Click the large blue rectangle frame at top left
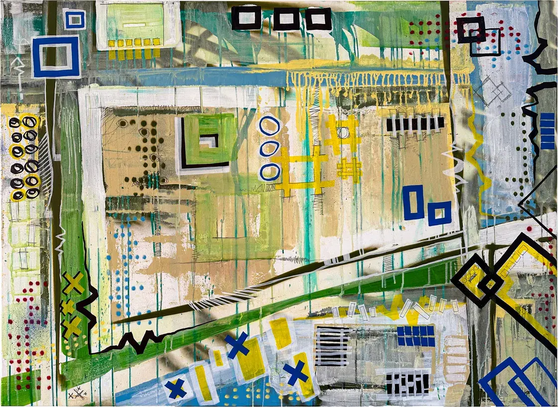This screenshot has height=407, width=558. coord(56,57)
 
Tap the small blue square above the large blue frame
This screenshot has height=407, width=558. coord(75,19)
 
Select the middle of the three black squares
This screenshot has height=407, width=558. coord(286,19)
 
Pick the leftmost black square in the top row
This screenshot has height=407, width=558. coord(246,18)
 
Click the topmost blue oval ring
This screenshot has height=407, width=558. coord(270,126)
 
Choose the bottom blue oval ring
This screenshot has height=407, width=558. coord(270,172)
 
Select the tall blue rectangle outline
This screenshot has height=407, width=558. coord(413,202)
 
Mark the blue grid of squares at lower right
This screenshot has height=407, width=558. coord(416,336)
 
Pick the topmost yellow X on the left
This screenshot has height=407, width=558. coord(74,283)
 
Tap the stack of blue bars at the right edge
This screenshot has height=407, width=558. coord(547,131)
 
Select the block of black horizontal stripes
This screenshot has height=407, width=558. coord(333,346)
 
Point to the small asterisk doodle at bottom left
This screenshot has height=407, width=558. coord(78,394)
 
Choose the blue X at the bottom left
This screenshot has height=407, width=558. coord(175,389)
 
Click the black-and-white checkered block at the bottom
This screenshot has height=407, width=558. coord(408,384)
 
